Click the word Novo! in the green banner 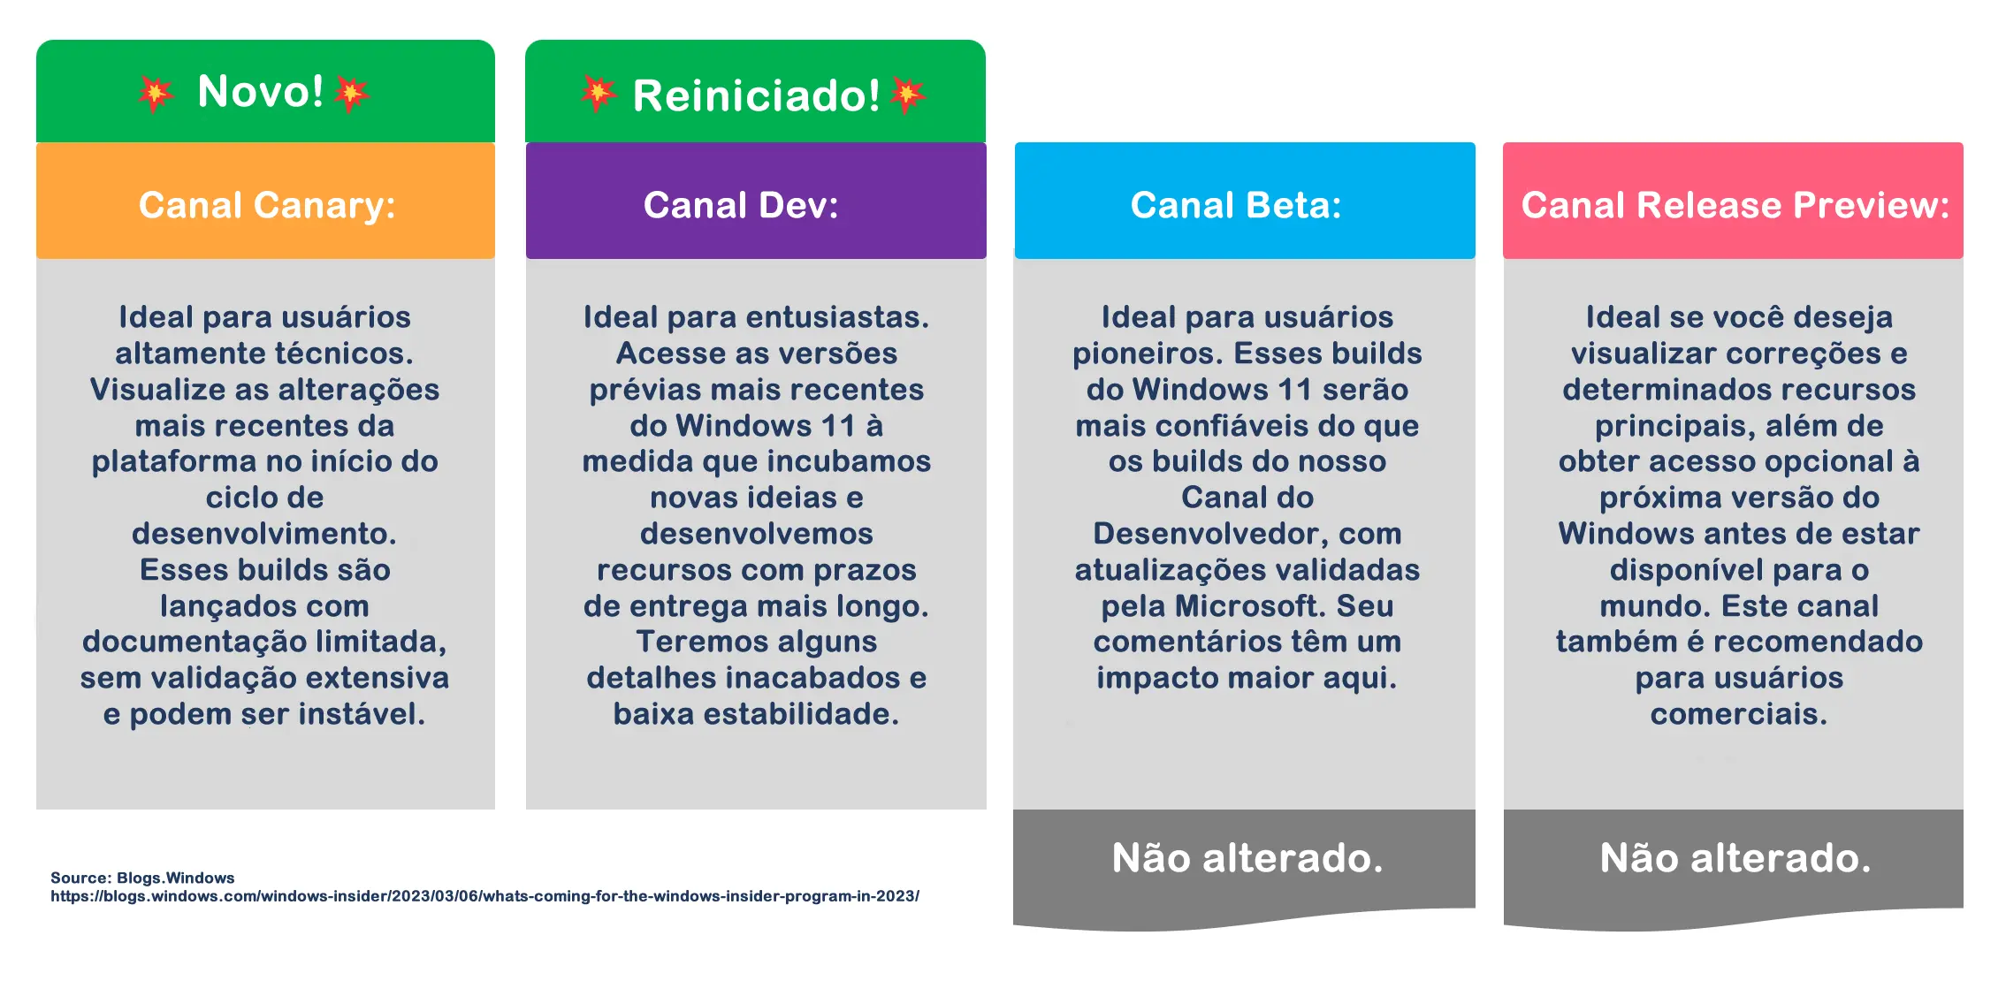[x=261, y=91]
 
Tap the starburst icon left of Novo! [x=156, y=94]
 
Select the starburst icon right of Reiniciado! [x=908, y=95]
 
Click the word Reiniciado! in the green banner [x=757, y=95]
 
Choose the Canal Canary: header [x=267, y=205]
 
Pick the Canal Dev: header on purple [x=741, y=205]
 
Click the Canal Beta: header [x=1236, y=205]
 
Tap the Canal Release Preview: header [x=1735, y=205]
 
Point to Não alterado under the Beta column [x=1247, y=857]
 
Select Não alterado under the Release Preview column [x=1735, y=857]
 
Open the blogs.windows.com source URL [x=484, y=896]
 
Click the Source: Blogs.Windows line [x=142, y=878]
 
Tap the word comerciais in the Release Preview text [x=1739, y=714]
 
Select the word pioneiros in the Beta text [x=1148, y=354]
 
